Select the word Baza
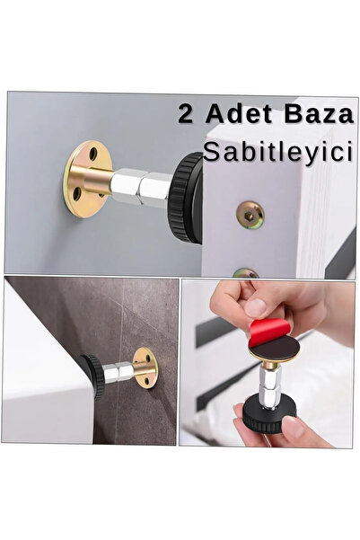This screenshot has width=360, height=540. [x=304, y=116]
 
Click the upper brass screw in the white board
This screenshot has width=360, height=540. [x=249, y=213]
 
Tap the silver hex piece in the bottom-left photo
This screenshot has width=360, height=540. [x=117, y=368]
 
